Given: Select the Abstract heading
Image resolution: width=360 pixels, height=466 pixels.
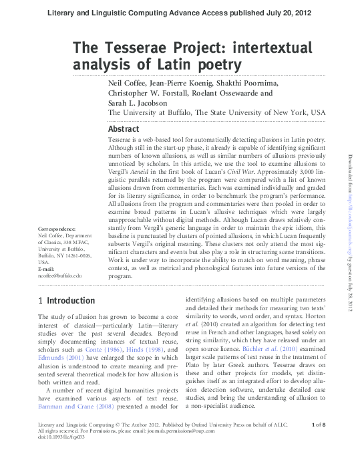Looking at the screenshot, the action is tap(124, 128).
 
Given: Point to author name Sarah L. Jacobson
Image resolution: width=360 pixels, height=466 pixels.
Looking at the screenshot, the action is tap(137, 104).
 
